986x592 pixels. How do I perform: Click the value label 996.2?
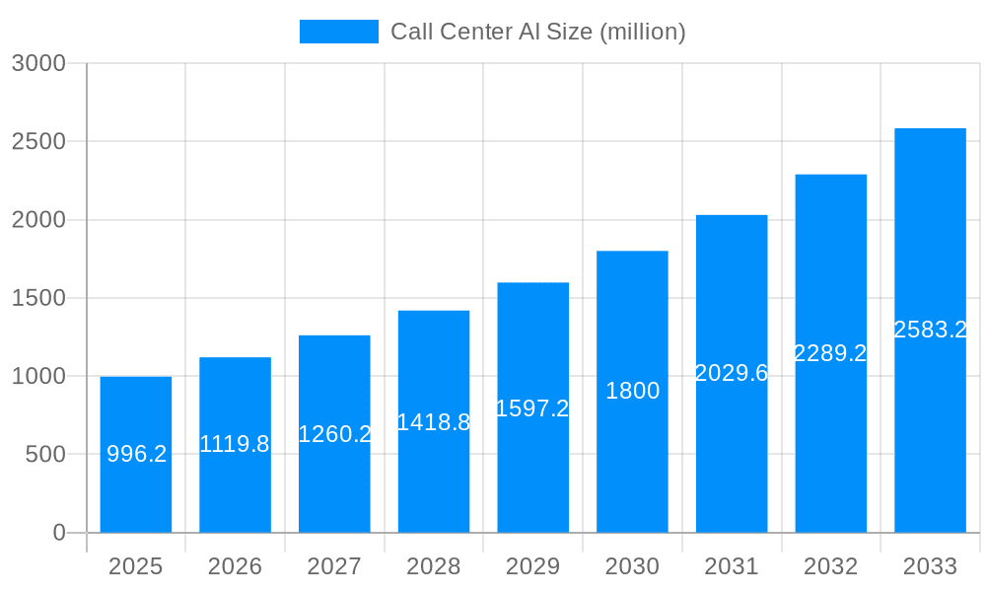click(x=136, y=455)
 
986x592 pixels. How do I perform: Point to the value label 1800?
click(x=632, y=392)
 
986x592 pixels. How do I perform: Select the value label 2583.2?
click(x=930, y=331)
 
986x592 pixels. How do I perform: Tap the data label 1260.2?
click(x=334, y=434)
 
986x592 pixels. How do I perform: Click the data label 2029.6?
click(x=732, y=374)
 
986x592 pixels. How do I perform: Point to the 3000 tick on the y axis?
click(x=38, y=64)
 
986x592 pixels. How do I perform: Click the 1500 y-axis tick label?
click(x=38, y=298)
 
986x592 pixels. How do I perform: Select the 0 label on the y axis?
click(x=58, y=533)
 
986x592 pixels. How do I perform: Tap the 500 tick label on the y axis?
click(x=45, y=455)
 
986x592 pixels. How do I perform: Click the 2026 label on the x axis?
click(x=235, y=567)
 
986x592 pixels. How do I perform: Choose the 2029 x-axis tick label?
click(x=532, y=567)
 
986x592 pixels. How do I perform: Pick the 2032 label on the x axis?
click(x=830, y=567)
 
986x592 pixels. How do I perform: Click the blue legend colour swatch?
click(x=338, y=32)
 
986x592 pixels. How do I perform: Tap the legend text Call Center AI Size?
click(x=537, y=32)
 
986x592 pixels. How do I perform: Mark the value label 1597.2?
click(x=532, y=408)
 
